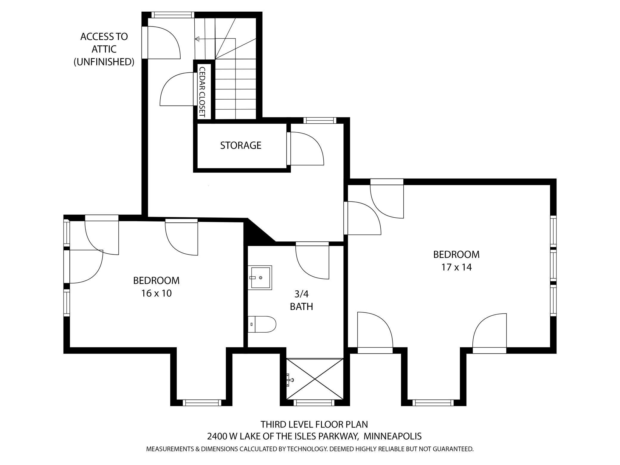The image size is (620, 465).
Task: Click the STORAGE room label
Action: (241, 145)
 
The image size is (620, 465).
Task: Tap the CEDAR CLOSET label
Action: (202, 92)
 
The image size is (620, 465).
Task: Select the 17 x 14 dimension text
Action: (456, 267)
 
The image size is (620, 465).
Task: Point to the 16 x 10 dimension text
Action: (156, 293)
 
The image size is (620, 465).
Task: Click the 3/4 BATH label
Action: (301, 300)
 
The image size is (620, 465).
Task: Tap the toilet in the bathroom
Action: (262, 324)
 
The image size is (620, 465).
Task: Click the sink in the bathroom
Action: (260, 278)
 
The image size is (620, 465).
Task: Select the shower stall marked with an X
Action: (315, 379)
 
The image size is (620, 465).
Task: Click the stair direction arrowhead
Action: (197, 39)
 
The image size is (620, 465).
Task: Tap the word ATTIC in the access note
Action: (104, 49)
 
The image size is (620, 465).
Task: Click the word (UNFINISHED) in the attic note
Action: (104, 62)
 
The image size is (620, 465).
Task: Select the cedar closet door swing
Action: (176, 89)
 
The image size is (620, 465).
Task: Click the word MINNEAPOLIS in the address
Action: (393, 436)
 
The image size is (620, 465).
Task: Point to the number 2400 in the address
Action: (217, 436)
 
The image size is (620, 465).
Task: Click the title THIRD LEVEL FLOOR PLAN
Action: (314, 424)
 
